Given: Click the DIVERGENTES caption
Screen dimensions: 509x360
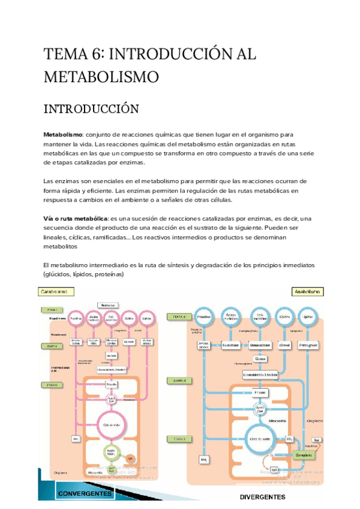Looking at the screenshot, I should pyautogui.click(x=262, y=498).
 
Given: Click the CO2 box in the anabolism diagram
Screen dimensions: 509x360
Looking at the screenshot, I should pyautogui.click(x=289, y=439).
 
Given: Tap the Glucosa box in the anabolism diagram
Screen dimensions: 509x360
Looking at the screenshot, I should pyautogui.click(x=260, y=359).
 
